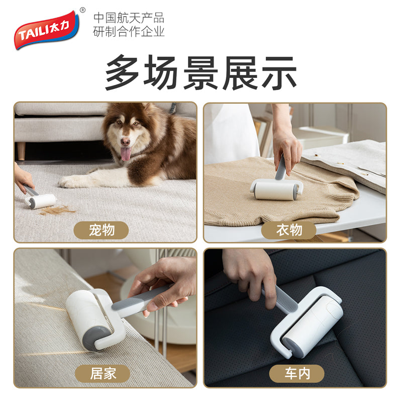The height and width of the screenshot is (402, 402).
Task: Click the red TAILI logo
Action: [46, 30]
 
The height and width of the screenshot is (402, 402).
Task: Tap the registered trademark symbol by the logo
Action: [82, 10]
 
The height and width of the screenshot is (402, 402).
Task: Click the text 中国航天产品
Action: [129, 18]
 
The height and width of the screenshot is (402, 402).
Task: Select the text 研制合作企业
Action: [129, 32]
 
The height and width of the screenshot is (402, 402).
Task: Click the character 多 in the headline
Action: [122, 72]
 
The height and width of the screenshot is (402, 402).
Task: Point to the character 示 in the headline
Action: [279, 72]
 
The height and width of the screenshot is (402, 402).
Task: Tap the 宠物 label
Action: [102, 230]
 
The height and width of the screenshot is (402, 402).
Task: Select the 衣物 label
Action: [288, 230]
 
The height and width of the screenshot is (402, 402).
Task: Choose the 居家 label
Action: [103, 373]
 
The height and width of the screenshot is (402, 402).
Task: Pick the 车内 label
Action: [297, 373]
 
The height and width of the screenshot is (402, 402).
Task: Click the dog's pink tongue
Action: [125, 153]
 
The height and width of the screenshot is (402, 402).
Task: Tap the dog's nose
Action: [125, 142]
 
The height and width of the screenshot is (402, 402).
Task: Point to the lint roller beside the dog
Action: [39, 197]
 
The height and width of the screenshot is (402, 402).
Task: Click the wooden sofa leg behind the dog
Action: [21, 151]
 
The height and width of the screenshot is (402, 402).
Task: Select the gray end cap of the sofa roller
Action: [95, 338]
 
